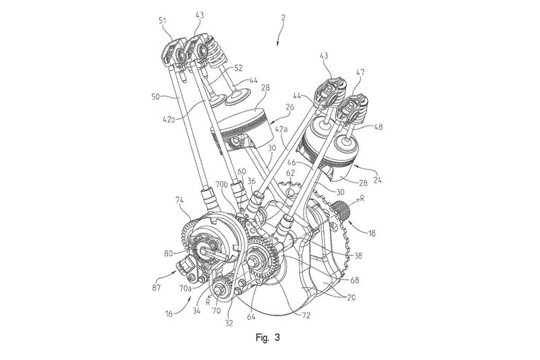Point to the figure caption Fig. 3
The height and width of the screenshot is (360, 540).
[266, 337]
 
